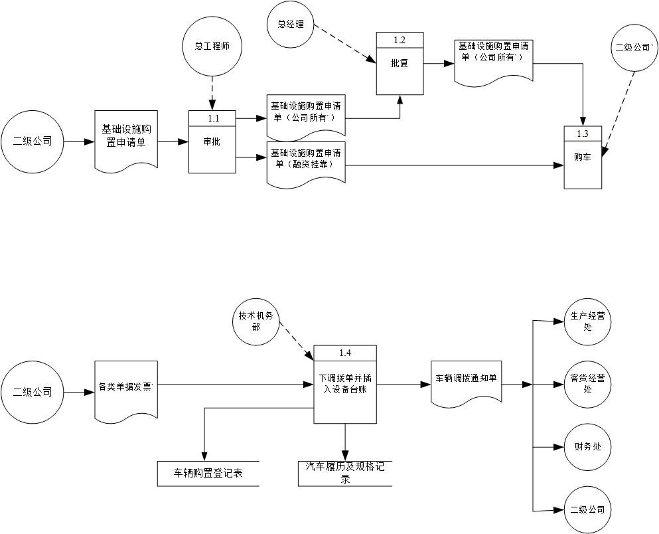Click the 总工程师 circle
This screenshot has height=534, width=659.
(212, 46)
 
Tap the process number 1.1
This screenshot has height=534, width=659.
(212, 118)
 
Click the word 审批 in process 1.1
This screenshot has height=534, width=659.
(212, 142)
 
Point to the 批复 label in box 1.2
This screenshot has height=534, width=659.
(400, 64)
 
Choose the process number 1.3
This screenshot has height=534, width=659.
(582, 133)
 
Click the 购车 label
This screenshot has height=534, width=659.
(582, 158)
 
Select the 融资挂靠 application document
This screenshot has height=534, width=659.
(306, 163)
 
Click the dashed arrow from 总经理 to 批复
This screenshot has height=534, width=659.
(344, 44)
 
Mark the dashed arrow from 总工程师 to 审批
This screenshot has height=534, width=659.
(212, 91)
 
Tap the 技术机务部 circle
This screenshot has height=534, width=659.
(256, 321)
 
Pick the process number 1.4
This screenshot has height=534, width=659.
(345, 353)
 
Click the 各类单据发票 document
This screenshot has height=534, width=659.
(126, 387)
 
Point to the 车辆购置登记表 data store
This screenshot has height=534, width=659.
(208, 474)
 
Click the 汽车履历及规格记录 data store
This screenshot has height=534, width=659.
(345, 473)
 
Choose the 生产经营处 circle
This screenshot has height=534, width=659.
(587, 321)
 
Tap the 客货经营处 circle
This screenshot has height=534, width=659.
(587, 383)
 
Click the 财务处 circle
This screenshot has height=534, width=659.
(587, 446)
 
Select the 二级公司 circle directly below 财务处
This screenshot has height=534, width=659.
(587, 509)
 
